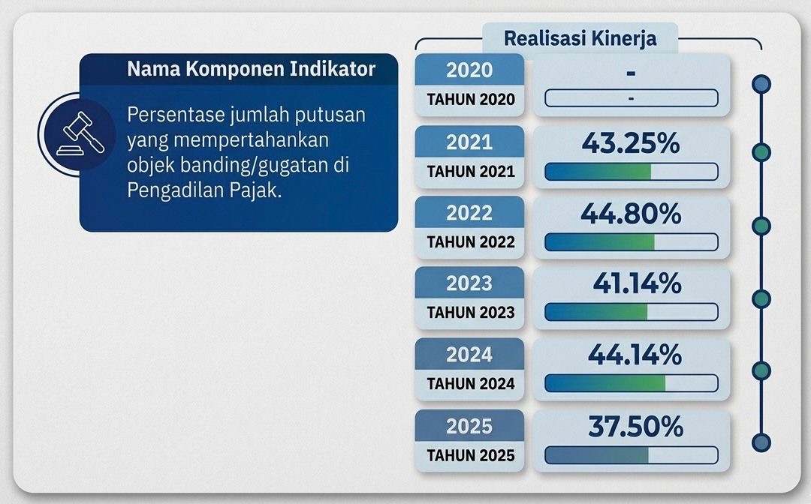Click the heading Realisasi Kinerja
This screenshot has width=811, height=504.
(580, 38)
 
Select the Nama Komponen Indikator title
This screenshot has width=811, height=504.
(251, 70)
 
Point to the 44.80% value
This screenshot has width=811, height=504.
(630, 214)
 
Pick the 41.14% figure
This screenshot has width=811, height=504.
(636, 284)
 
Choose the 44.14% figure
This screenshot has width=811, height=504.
(635, 355)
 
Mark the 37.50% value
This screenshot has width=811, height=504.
(635, 427)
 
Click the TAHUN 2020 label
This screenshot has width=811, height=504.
(470, 100)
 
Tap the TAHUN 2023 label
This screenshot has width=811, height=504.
(470, 313)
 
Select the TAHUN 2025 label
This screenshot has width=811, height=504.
(470, 455)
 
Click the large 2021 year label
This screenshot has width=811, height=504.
(469, 142)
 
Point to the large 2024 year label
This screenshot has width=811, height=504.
(469, 355)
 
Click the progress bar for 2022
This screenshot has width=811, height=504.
(631, 241)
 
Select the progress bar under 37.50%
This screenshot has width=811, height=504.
(631, 454)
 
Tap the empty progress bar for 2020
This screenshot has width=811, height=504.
(631, 98)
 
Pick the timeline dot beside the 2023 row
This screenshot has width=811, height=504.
(761, 299)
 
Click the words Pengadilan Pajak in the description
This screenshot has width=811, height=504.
(204, 190)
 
